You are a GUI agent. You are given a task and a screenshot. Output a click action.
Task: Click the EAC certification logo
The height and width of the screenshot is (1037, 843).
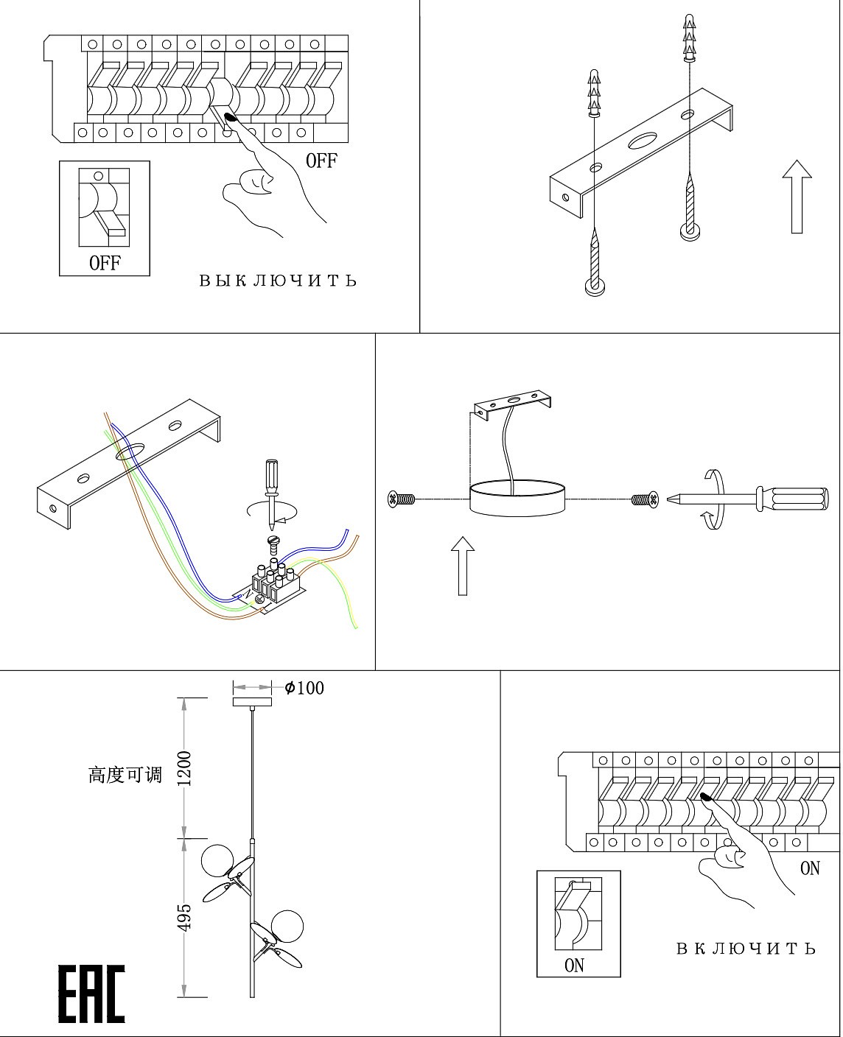click(91, 994)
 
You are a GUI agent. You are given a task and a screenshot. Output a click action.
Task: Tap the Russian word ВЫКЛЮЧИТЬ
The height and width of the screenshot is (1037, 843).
click(278, 281)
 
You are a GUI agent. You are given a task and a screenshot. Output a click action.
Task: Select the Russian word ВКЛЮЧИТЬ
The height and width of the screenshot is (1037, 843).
click(746, 949)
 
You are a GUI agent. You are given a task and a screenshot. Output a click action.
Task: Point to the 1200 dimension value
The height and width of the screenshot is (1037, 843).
click(184, 768)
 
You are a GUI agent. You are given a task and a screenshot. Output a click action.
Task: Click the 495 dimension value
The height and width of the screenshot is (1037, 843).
click(184, 917)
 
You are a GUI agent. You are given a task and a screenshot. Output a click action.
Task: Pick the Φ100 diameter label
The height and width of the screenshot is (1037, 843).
click(304, 688)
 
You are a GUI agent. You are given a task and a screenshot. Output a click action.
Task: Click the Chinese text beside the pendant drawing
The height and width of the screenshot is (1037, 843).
click(125, 775)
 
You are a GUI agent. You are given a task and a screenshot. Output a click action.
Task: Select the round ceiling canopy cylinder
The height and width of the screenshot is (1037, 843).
click(517, 499)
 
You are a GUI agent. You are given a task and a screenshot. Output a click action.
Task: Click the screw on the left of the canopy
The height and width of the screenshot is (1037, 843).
click(402, 500)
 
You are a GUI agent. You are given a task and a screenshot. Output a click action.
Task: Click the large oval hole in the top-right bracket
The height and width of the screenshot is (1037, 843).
click(644, 139)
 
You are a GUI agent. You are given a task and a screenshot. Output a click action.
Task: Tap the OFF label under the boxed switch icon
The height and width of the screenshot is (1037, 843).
click(105, 262)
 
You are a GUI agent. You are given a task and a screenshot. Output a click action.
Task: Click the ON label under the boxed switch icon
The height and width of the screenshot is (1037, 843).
click(574, 965)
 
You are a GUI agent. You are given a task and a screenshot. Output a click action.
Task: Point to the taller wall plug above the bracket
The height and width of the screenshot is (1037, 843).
click(688, 37)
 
